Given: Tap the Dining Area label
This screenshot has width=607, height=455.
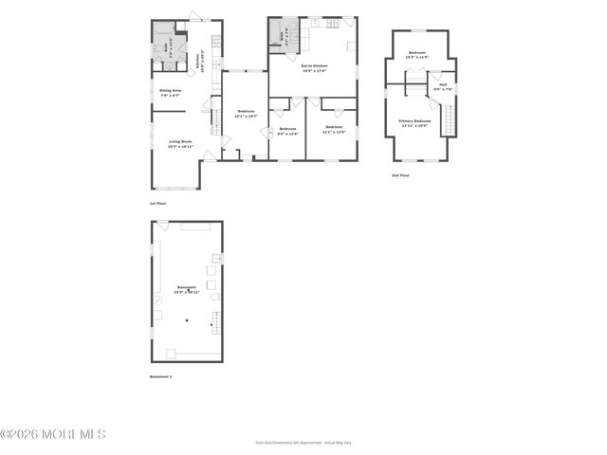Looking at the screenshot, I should tap(170, 93).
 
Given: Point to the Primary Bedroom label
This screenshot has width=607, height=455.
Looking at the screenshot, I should tap(414, 123).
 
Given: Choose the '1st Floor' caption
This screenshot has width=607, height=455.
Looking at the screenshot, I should tap(158, 203).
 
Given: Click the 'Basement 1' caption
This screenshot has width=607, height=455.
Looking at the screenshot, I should tap(161, 376).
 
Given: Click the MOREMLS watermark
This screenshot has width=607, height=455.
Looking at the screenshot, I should tap(53, 434).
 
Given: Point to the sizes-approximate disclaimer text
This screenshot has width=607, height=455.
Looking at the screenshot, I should tap(303, 442).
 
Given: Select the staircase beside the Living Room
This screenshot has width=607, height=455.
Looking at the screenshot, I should tap(215, 121).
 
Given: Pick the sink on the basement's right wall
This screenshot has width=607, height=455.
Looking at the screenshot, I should tap(217, 258).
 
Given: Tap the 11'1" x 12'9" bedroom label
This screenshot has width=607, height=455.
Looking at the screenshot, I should tap(334, 129).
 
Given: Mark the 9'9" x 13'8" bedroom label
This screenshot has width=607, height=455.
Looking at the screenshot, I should tap(287, 131).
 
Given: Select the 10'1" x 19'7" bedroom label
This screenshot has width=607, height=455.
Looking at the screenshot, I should tap(246, 114).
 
